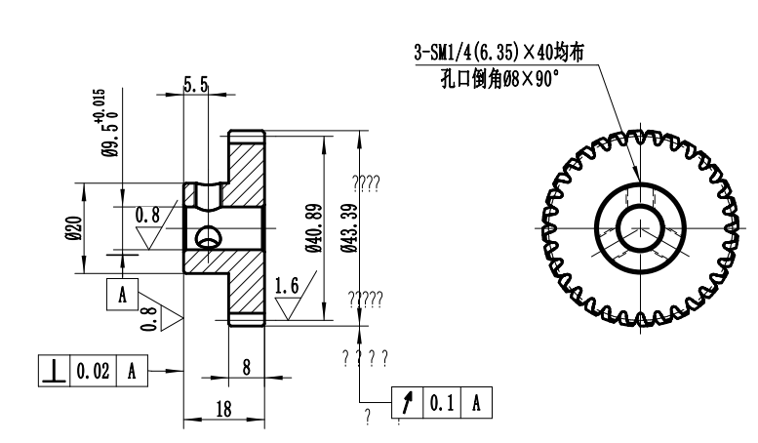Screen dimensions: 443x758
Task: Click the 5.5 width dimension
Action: pos(196,86)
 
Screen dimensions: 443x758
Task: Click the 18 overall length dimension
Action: pos(222,409)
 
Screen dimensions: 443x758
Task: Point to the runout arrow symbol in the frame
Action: pos(407,402)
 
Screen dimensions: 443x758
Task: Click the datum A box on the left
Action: pos(122,296)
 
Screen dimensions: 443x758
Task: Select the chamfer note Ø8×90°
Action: pos(500,78)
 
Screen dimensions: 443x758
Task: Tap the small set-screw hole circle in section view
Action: pos(207,236)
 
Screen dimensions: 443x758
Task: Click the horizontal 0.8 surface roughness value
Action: pos(147,214)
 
